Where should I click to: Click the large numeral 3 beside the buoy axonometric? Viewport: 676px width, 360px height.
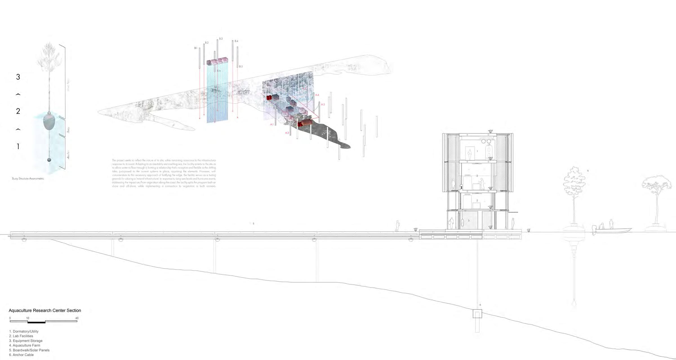point(18,77)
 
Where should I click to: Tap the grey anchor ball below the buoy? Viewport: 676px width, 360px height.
point(49,160)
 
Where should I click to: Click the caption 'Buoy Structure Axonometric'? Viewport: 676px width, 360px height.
point(28,179)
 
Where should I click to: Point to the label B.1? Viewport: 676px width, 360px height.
point(196,48)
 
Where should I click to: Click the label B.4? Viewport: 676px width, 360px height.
point(236,41)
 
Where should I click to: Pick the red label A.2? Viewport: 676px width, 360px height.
point(287,133)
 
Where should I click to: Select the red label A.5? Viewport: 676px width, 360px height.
point(323,104)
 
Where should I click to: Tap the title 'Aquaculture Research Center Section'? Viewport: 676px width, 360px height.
point(45,310)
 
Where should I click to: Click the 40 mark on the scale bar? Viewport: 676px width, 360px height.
point(77,318)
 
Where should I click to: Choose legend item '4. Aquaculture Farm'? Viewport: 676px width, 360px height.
point(25,345)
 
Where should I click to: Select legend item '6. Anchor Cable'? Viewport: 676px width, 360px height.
point(21,355)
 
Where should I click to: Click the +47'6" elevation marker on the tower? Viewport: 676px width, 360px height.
point(490,131)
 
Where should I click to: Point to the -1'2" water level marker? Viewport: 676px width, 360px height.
point(528,230)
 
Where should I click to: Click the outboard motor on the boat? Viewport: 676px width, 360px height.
point(594,230)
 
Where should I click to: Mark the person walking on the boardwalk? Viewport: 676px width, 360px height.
point(397,226)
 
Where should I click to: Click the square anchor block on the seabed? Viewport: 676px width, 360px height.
point(477,314)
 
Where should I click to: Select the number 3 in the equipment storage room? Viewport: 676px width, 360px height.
point(469,221)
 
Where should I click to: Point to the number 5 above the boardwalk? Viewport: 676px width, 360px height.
point(253,223)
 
